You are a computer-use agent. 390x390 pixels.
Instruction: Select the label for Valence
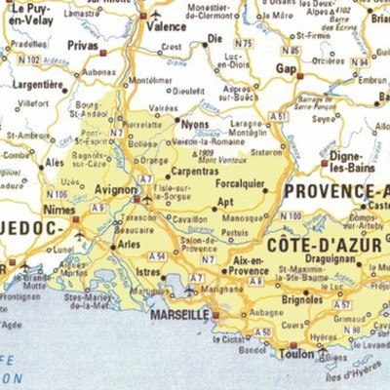click(x=166, y=26)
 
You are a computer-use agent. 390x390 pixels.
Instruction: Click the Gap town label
click(x=286, y=69)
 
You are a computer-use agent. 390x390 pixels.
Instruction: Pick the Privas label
click(x=83, y=45)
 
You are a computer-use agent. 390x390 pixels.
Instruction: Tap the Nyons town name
click(x=195, y=125)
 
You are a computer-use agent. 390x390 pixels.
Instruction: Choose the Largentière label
click(x=39, y=85)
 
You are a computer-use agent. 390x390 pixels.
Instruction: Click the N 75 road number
click(x=243, y=44)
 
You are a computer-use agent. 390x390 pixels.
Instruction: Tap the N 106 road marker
click(x=57, y=193)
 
